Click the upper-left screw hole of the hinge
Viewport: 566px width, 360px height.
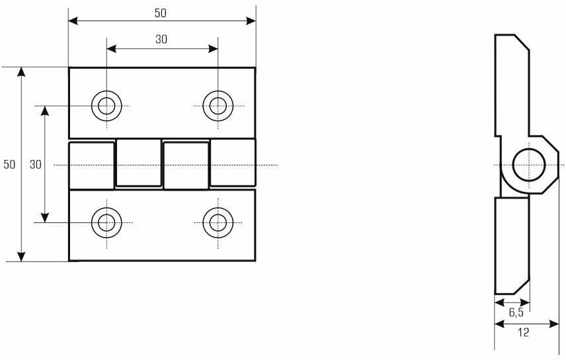(106, 105)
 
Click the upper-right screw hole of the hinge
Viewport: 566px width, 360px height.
(218, 105)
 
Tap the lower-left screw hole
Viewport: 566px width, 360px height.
(106, 222)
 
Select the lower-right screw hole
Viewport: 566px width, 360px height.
(218, 222)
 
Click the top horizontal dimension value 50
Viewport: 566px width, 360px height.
(161, 13)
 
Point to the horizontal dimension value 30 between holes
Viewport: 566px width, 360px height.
(161, 39)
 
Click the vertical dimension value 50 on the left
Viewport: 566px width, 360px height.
(9, 164)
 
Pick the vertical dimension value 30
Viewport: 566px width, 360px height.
(35, 164)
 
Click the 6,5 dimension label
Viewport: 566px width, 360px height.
(516, 312)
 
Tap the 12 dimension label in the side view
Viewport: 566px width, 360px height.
(523, 333)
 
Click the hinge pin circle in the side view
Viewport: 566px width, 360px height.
(529, 164)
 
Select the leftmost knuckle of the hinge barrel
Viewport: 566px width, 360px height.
(91, 164)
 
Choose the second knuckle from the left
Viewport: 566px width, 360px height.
(138, 163)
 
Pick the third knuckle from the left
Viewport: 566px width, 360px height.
(186, 165)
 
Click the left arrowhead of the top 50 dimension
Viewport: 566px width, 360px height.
(73, 21)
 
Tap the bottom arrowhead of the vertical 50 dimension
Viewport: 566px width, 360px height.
(22, 257)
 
